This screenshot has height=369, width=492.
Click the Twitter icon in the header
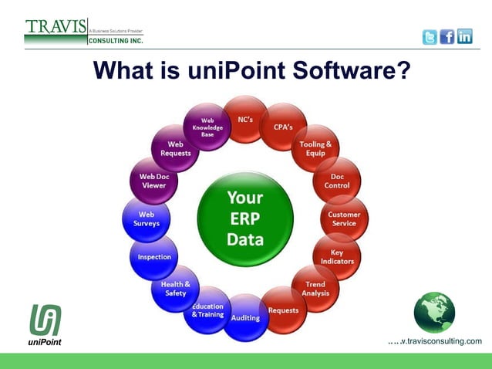430,37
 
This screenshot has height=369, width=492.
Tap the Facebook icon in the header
447,37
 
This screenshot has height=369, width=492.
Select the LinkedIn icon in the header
465,37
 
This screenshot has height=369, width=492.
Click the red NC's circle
245,120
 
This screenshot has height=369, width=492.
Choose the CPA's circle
283,127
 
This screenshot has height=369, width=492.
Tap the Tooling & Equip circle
316,148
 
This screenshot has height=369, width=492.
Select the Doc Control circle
337,181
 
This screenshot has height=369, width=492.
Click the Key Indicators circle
337,256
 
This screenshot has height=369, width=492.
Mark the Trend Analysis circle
315,289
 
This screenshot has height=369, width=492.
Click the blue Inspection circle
154,256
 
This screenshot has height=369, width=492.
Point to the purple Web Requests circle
176,148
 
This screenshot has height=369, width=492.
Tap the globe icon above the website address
434,312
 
